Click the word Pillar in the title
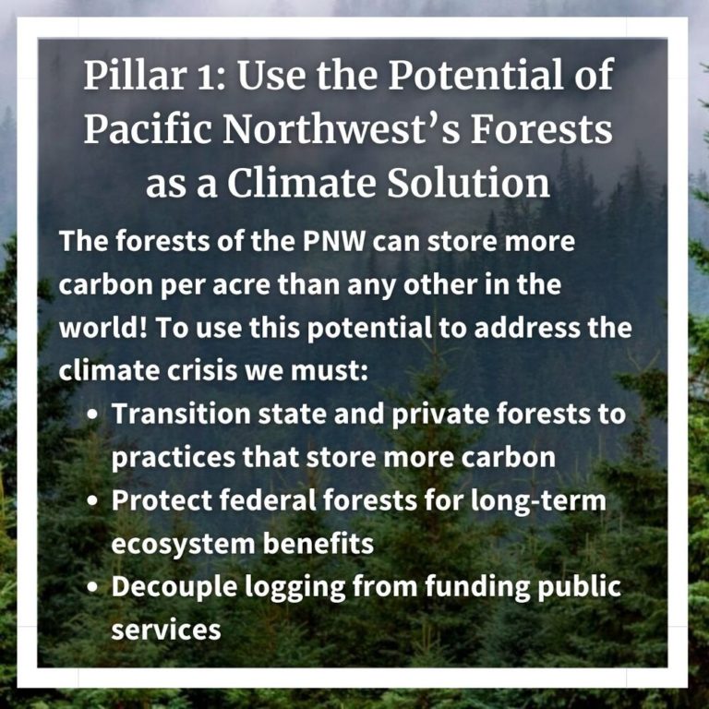click(134, 75)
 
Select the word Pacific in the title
click(148, 129)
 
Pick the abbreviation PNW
click(334, 241)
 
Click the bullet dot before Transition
click(92, 415)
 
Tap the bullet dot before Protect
click(92, 501)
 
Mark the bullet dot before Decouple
click(92, 587)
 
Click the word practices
click(174, 458)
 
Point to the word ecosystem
click(183, 545)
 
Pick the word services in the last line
click(166, 630)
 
